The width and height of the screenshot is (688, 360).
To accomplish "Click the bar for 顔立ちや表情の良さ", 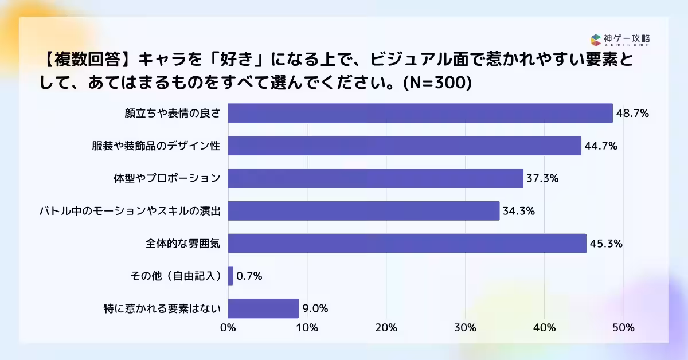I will click(420, 113).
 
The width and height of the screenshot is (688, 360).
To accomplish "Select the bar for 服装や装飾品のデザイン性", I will click(405, 146).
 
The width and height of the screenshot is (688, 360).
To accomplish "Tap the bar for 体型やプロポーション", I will click(376, 178).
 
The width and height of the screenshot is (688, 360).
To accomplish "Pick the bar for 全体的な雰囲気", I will click(407, 244).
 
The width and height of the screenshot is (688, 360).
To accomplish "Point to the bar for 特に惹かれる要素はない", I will click(264, 308).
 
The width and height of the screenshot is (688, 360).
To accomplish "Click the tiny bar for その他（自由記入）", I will click(230, 276).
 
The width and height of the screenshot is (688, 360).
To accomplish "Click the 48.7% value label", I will click(632, 114).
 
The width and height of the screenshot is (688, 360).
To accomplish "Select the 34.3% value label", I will click(519, 211).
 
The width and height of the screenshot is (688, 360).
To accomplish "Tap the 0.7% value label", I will click(249, 276).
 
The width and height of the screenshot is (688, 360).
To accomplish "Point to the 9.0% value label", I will click(315, 309).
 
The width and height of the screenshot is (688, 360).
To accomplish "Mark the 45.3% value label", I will click(606, 244).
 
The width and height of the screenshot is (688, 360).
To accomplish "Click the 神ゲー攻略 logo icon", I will click(595, 40).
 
